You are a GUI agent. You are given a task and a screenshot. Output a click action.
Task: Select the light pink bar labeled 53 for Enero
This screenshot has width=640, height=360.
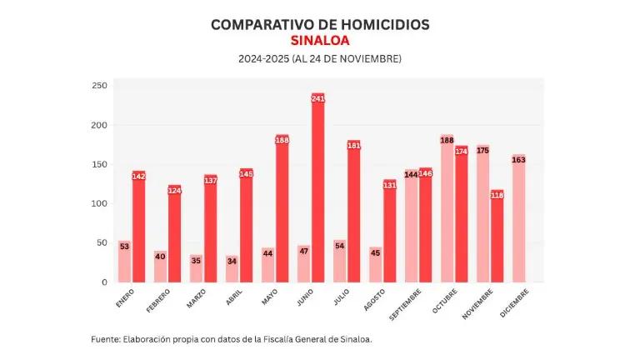point(124,262)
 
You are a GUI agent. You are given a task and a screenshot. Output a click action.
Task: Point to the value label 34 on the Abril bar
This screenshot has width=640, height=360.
point(232,261)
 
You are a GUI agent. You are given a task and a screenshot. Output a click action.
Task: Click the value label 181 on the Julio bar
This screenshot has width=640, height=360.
point(353,146)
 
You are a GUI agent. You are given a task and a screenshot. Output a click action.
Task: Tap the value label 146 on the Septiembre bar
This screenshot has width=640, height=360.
point(425,173)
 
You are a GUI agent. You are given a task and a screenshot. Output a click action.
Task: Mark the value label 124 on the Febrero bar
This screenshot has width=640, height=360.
point(174,191)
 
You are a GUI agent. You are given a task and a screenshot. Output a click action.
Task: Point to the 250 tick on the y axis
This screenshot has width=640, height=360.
point(99,86)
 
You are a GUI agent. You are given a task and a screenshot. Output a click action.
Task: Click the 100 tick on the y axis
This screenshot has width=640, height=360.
point(99,203)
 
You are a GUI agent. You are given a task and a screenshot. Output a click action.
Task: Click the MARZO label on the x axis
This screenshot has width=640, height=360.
point(197,298)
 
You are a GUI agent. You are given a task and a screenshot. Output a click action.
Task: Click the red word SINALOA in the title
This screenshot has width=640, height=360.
point(320,41)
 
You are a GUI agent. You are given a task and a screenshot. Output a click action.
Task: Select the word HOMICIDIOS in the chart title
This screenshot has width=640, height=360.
point(379,24)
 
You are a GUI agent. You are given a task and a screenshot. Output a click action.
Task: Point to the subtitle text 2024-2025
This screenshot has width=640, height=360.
point(263,59)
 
